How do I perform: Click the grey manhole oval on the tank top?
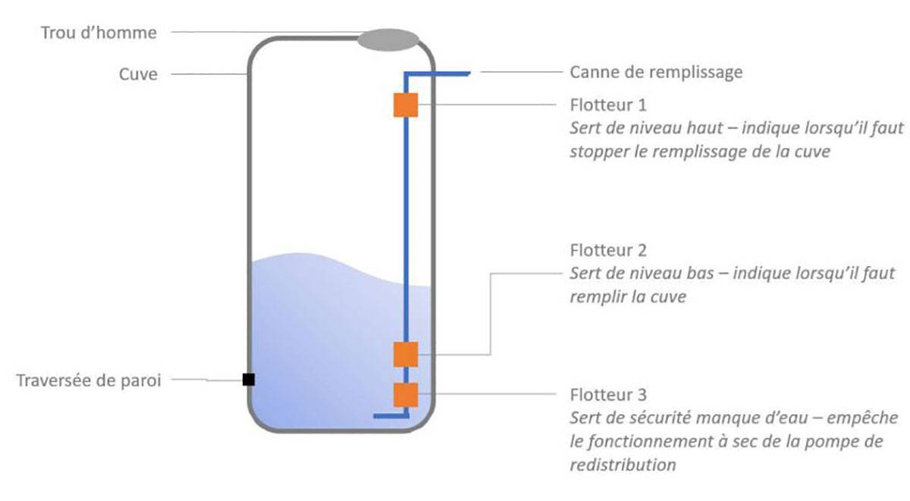click(388, 39)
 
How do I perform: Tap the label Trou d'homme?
click(100, 33)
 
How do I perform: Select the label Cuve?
click(138, 74)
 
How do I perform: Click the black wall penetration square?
click(248, 380)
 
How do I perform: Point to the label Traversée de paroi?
click(89, 380)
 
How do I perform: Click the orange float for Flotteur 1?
click(406, 105)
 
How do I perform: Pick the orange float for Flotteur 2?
click(406, 354)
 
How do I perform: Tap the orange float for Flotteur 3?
click(406, 395)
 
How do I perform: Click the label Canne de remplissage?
click(656, 73)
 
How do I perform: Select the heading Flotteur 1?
click(608, 104)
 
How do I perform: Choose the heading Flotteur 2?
click(608, 250)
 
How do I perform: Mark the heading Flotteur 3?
click(608, 395)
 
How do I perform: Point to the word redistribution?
click(623, 465)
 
